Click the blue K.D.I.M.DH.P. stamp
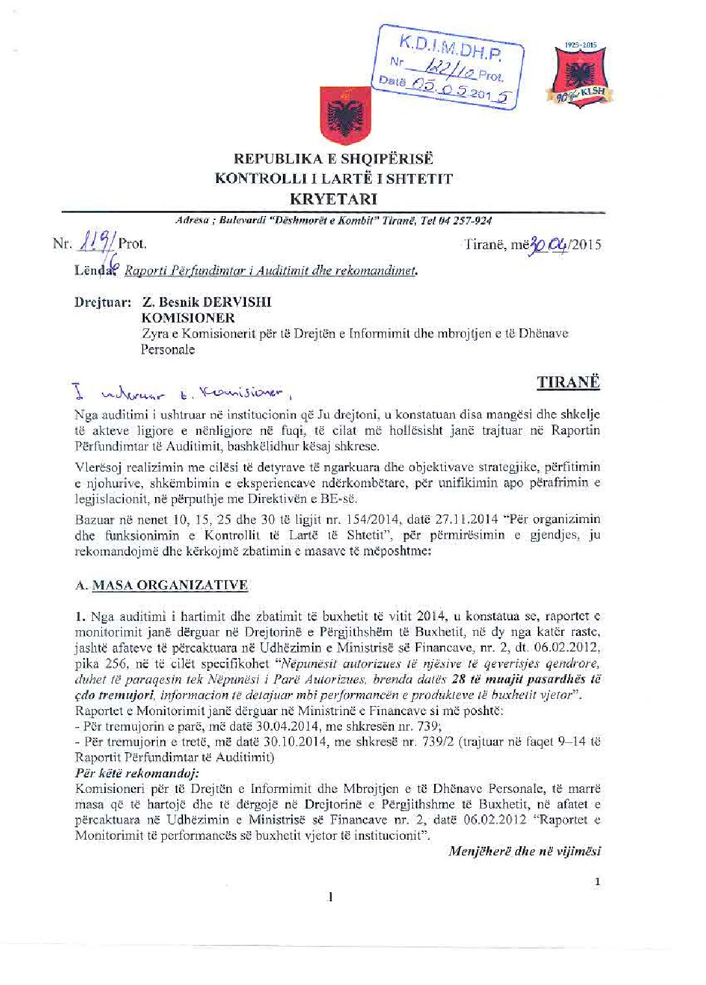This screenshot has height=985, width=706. (448, 67)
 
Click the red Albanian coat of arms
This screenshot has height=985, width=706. (345, 115)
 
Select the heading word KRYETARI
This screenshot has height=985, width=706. (334, 199)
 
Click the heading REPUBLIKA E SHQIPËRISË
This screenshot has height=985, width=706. (334, 159)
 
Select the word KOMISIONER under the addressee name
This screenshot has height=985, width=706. (188, 317)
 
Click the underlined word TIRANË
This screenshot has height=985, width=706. (568, 382)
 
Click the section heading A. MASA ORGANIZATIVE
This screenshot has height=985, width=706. (162, 585)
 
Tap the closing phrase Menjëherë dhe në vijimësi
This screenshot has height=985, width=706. (524, 851)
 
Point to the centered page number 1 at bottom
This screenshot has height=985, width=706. (331, 897)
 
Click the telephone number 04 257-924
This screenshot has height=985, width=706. (465, 221)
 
